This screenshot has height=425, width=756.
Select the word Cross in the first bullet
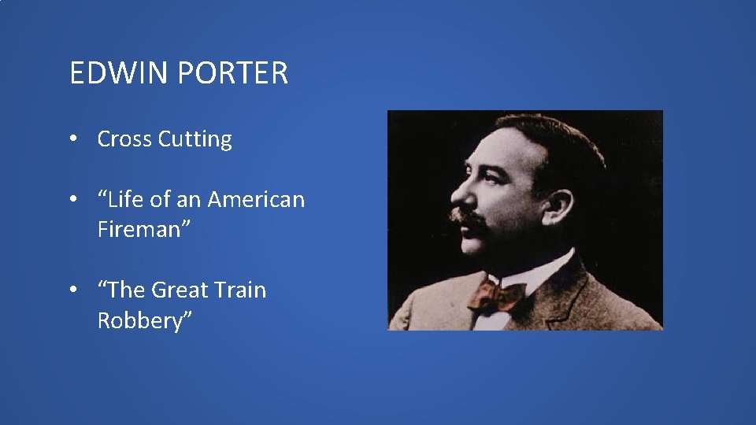[x=124, y=139]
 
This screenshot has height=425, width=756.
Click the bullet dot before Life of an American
[x=72, y=200]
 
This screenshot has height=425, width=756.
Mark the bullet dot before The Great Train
[x=72, y=290]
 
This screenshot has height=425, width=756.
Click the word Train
[x=239, y=290]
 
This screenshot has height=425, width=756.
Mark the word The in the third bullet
[x=125, y=290]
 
